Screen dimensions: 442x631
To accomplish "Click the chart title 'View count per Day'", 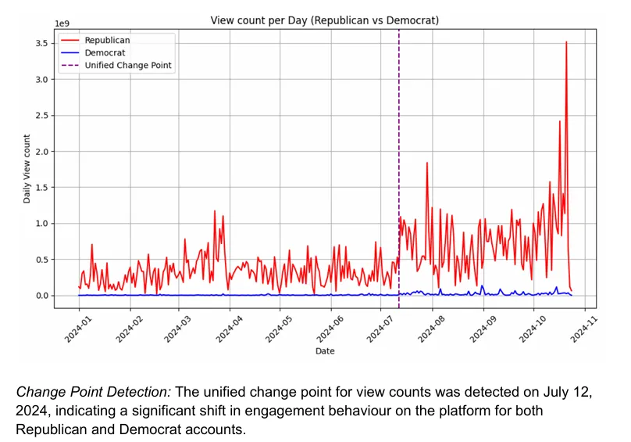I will (325, 19).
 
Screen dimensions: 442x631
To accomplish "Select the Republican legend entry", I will (107, 39).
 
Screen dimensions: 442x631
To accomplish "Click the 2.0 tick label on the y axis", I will (41, 151).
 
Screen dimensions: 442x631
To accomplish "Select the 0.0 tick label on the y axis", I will (41, 296).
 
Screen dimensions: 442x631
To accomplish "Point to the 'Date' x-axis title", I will (325, 351).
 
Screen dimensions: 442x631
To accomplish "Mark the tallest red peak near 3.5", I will (566, 43).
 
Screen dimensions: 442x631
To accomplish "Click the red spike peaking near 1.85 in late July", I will (427, 163).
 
